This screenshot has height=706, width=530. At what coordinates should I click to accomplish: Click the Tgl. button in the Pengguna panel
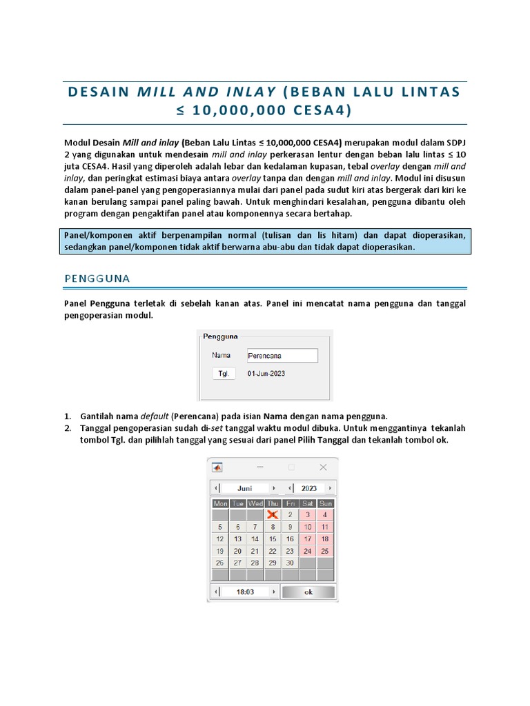pos(224,373)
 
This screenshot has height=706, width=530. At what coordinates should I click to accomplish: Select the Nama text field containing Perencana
pos(282,356)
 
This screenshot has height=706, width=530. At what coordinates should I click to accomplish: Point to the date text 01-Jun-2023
pos(266,373)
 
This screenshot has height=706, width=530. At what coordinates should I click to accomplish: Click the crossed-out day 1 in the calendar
pos(273,514)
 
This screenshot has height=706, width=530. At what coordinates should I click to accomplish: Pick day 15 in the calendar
pos(273,538)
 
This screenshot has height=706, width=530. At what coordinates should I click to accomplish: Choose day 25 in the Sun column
pos(325,551)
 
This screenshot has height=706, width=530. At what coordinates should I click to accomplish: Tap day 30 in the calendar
pos(290,563)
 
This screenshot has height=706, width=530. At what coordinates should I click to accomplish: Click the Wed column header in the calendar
pos(255,503)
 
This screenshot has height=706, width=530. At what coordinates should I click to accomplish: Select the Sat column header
pos(308,503)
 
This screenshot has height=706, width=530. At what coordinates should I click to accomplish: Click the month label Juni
pos(245,487)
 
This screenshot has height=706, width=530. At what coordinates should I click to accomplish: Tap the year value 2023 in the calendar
pos(309,487)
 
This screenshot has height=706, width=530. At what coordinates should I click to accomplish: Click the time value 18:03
pos(245,592)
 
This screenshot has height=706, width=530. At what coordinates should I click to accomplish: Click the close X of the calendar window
pos(323,467)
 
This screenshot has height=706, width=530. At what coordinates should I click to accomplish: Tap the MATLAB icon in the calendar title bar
pos(217,467)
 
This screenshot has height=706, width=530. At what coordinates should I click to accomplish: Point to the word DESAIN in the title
pos(99,92)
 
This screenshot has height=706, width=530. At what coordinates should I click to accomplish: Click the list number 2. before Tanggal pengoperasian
pos(68,427)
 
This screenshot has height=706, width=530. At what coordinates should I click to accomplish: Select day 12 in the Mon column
pos(220,538)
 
